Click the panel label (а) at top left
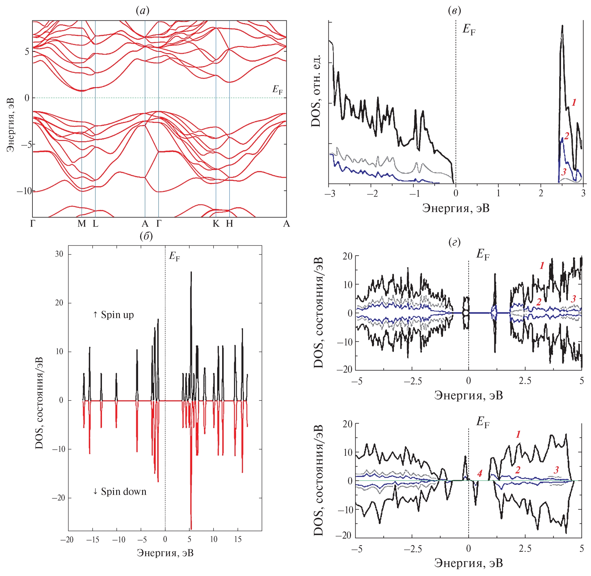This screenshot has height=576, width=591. point(142,11)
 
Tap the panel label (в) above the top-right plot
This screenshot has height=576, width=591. point(454,11)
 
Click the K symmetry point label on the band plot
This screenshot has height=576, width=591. point(216,223)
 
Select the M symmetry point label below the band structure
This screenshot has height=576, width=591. point(82,223)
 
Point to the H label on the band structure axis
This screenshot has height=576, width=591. point(229,223)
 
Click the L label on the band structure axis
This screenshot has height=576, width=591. point(95,223)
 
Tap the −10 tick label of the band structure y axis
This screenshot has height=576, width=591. point(24,191)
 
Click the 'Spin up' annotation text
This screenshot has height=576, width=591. point(113,315)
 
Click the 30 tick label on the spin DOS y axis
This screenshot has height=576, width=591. point(59,254)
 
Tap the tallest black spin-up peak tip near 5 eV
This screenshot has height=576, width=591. point(191,272)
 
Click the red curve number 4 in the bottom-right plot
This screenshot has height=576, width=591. point(479,473)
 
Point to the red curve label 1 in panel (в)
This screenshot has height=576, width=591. point(574,102)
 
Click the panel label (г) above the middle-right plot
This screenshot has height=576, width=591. point(454,243)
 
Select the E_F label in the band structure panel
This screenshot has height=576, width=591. point(277,90)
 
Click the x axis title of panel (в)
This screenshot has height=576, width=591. point(456,208)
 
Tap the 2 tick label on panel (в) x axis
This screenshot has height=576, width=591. point(541,193)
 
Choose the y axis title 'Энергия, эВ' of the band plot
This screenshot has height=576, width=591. point(11,125)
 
